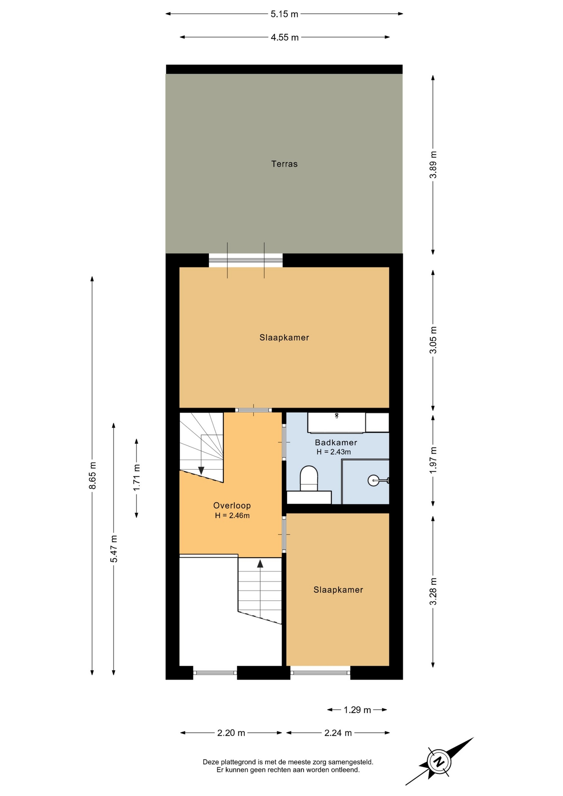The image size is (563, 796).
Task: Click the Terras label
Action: pos(284,164)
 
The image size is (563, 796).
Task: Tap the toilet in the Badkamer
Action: pos(309,479)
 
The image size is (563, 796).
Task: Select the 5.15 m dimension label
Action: pos(284,14)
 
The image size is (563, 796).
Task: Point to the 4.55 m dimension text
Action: pos(285,37)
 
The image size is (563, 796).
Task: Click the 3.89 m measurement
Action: pos(433,165)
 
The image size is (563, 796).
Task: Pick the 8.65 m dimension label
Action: pos(92,476)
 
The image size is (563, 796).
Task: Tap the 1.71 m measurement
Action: pos(136,477)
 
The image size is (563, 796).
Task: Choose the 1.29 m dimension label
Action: pos(357,710)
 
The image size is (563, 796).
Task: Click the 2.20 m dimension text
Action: pos(231,733)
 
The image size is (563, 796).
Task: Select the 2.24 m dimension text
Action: pos(338,733)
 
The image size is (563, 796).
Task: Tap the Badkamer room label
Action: pos(336,442)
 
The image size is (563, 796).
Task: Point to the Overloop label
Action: pos(232,505)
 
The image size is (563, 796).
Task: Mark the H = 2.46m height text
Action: pos(232,516)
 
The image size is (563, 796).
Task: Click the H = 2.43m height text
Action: pos(334,452)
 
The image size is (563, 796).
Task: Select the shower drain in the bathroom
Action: pos(373,481)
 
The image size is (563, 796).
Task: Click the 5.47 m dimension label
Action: pos(114,549)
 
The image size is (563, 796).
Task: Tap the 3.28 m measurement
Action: pos(433,592)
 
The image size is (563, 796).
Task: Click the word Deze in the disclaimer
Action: pos(210,762)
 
